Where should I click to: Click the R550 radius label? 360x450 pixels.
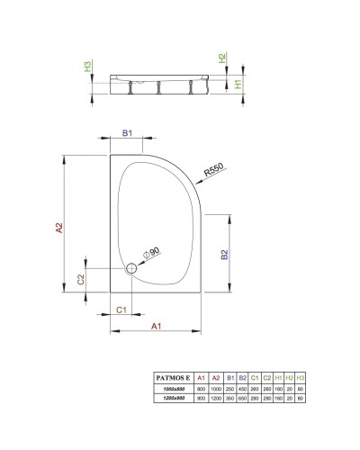click(212, 168)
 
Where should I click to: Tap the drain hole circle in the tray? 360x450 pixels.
click(132, 267)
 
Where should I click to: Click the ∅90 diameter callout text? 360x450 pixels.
click(150, 253)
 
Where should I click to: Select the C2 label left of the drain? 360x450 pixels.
click(80, 279)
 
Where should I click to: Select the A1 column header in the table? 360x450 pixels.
click(202, 377)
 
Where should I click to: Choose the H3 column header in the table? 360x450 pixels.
click(301, 377)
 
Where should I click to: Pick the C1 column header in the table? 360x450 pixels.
click(255, 377)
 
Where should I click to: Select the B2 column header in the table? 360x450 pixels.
click(242, 377)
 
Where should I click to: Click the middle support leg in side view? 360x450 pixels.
click(159, 86)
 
